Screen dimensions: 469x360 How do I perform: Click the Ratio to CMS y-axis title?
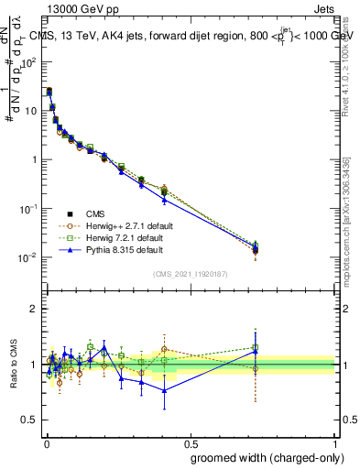(14, 364)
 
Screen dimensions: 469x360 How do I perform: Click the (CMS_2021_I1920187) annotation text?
(190, 274)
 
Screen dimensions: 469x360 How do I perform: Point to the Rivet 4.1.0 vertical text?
(352, 64)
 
